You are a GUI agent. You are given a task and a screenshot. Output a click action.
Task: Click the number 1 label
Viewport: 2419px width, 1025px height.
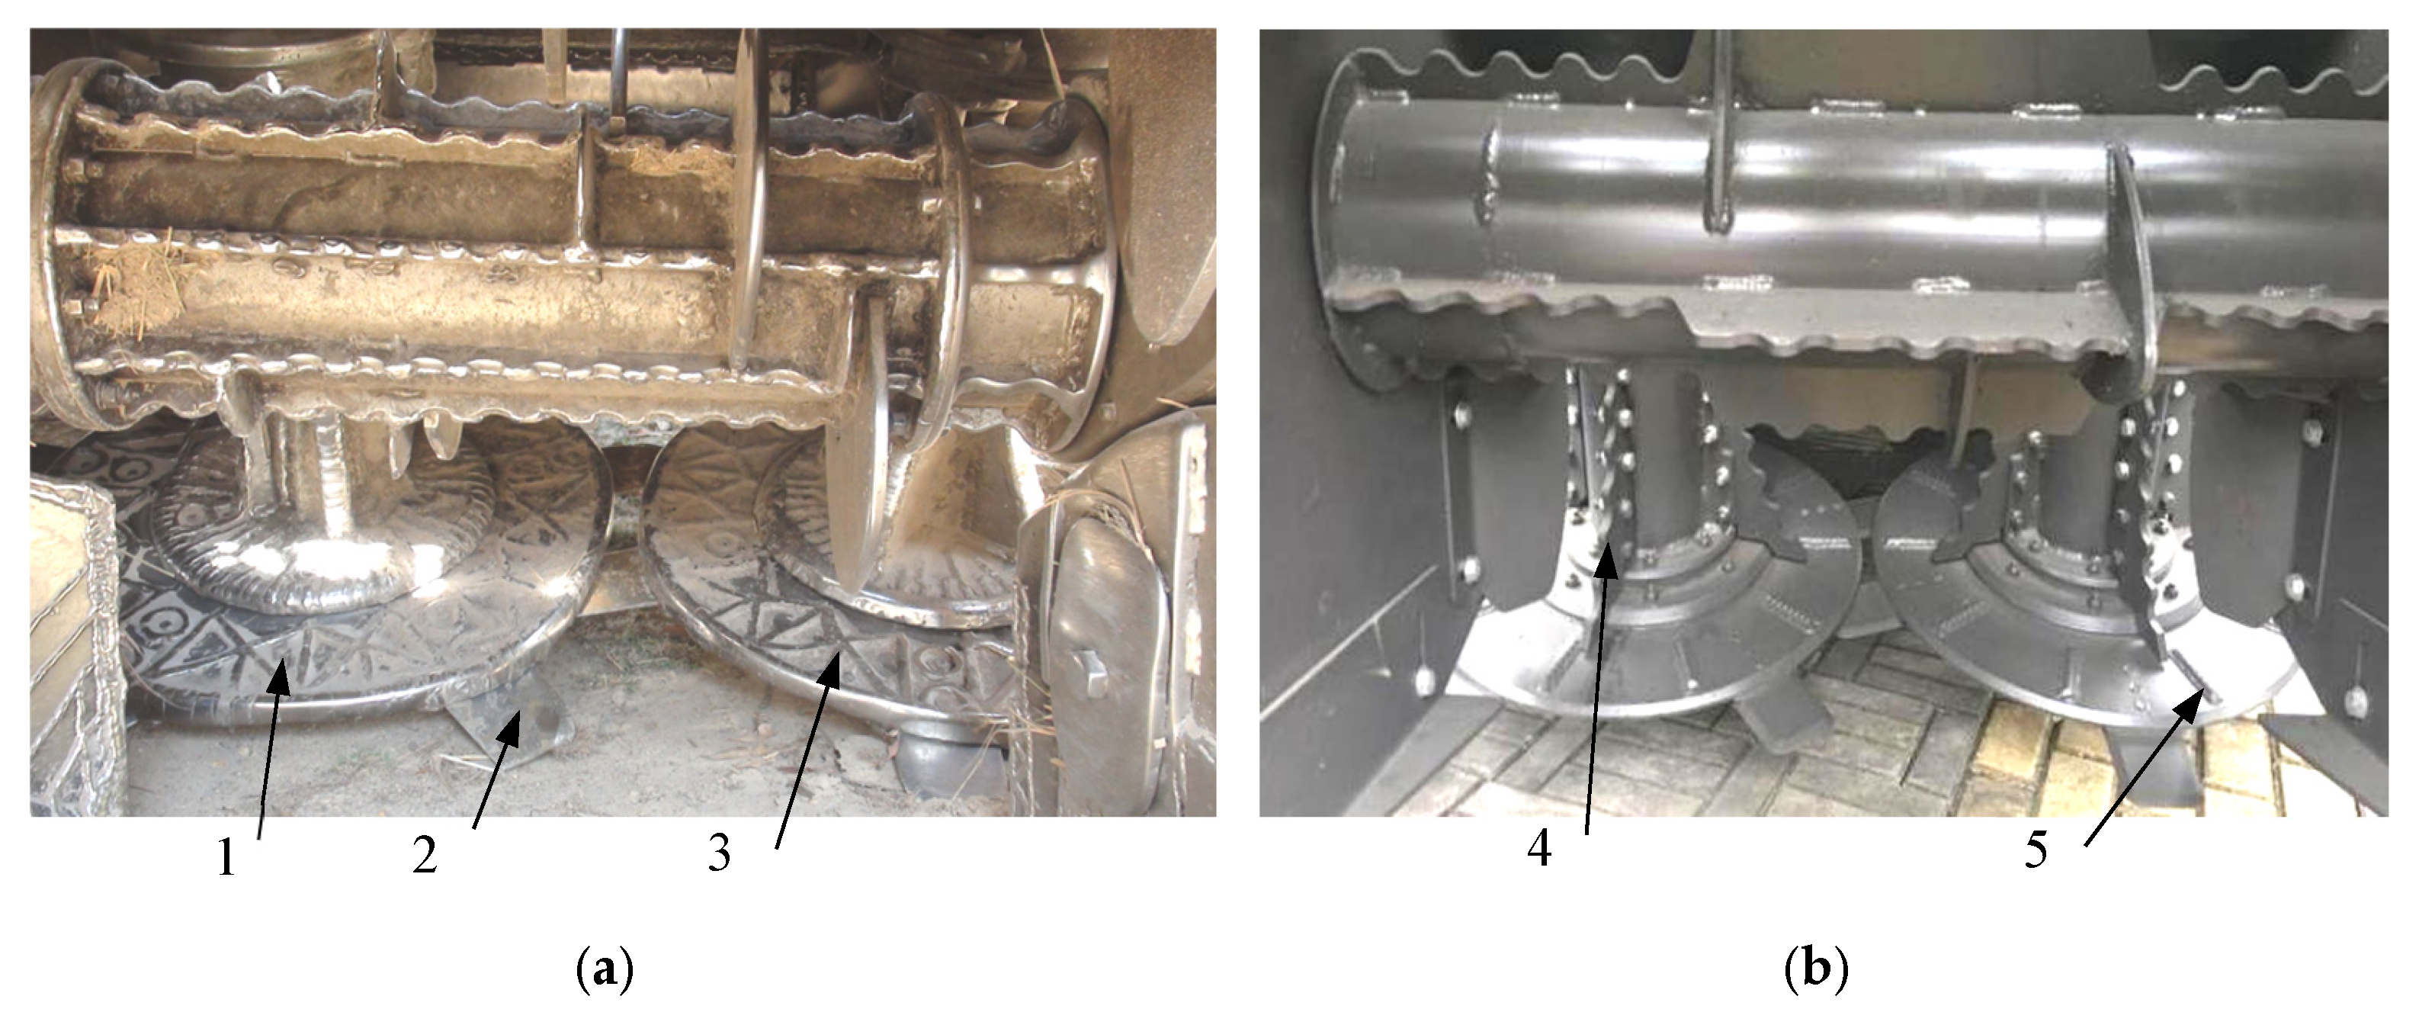pyautogui.click(x=226, y=856)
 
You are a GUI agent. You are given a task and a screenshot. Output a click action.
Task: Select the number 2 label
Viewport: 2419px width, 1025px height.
pyautogui.click(x=425, y=856)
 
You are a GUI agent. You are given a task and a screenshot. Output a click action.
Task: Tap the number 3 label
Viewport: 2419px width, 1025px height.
pyautogui.click(x=720, y=853)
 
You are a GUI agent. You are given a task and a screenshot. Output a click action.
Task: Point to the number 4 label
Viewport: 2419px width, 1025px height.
pyautogui.click(x=1539, y=848)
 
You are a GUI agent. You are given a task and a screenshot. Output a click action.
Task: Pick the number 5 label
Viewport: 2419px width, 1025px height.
pyautogui.click(x=2035, y=850)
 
